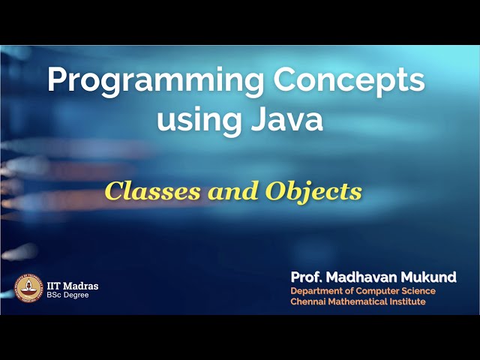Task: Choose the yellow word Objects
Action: coord(313,192)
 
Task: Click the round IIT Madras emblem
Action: coord(28,289)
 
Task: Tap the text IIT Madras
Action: coord(72,286)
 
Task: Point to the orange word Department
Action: coord(317,291)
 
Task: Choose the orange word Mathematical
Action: coord(361,302)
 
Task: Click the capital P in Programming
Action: coord(55,80)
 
